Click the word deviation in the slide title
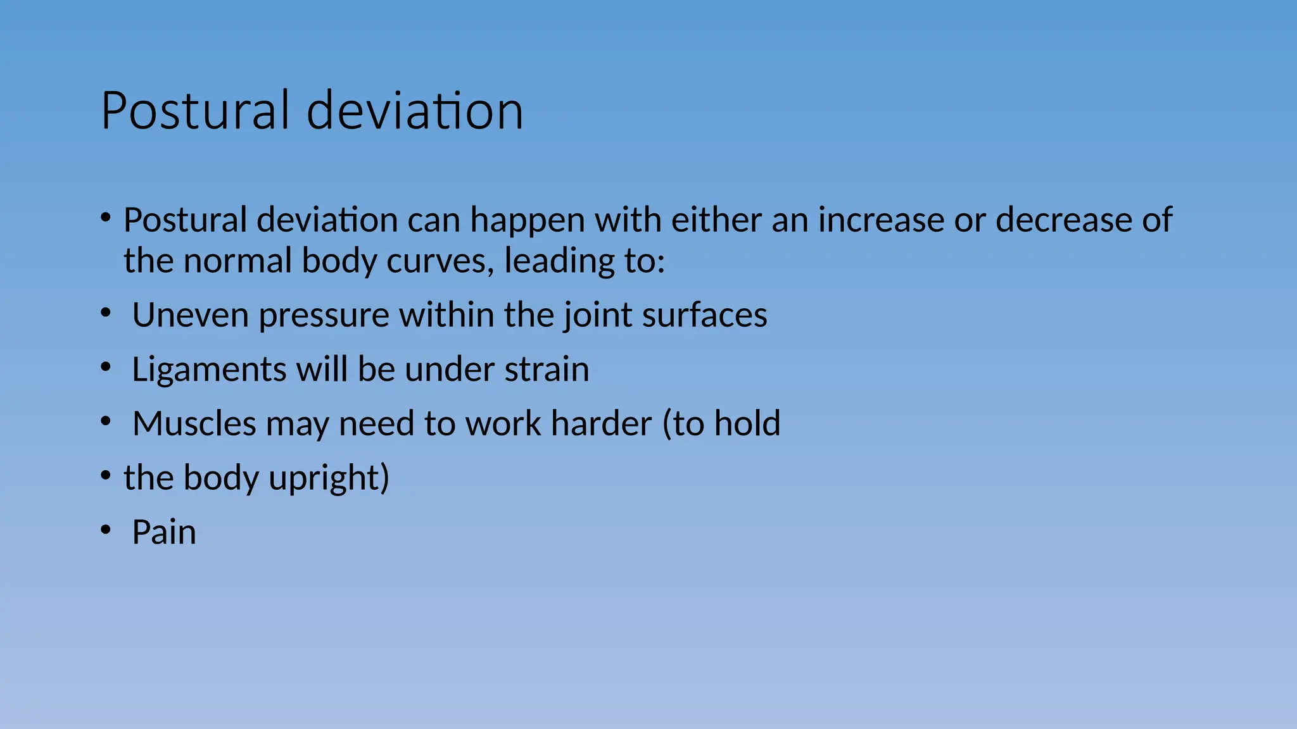click(x=415, y=111)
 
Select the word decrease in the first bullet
click(x=1063, y=220)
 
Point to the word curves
click(x=439, y=261)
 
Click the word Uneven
click(x=190, y=315)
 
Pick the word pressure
click(x=324, y=315)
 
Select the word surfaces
click(x=704, y=315)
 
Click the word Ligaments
click(x=208, y=370)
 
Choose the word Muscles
click(x=194, y=423)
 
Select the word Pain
click(x=164, y=532)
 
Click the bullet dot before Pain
click(x=106, y=530)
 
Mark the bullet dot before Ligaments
click(x=106, y=368)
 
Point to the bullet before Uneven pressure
click(x=106, y=313)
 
